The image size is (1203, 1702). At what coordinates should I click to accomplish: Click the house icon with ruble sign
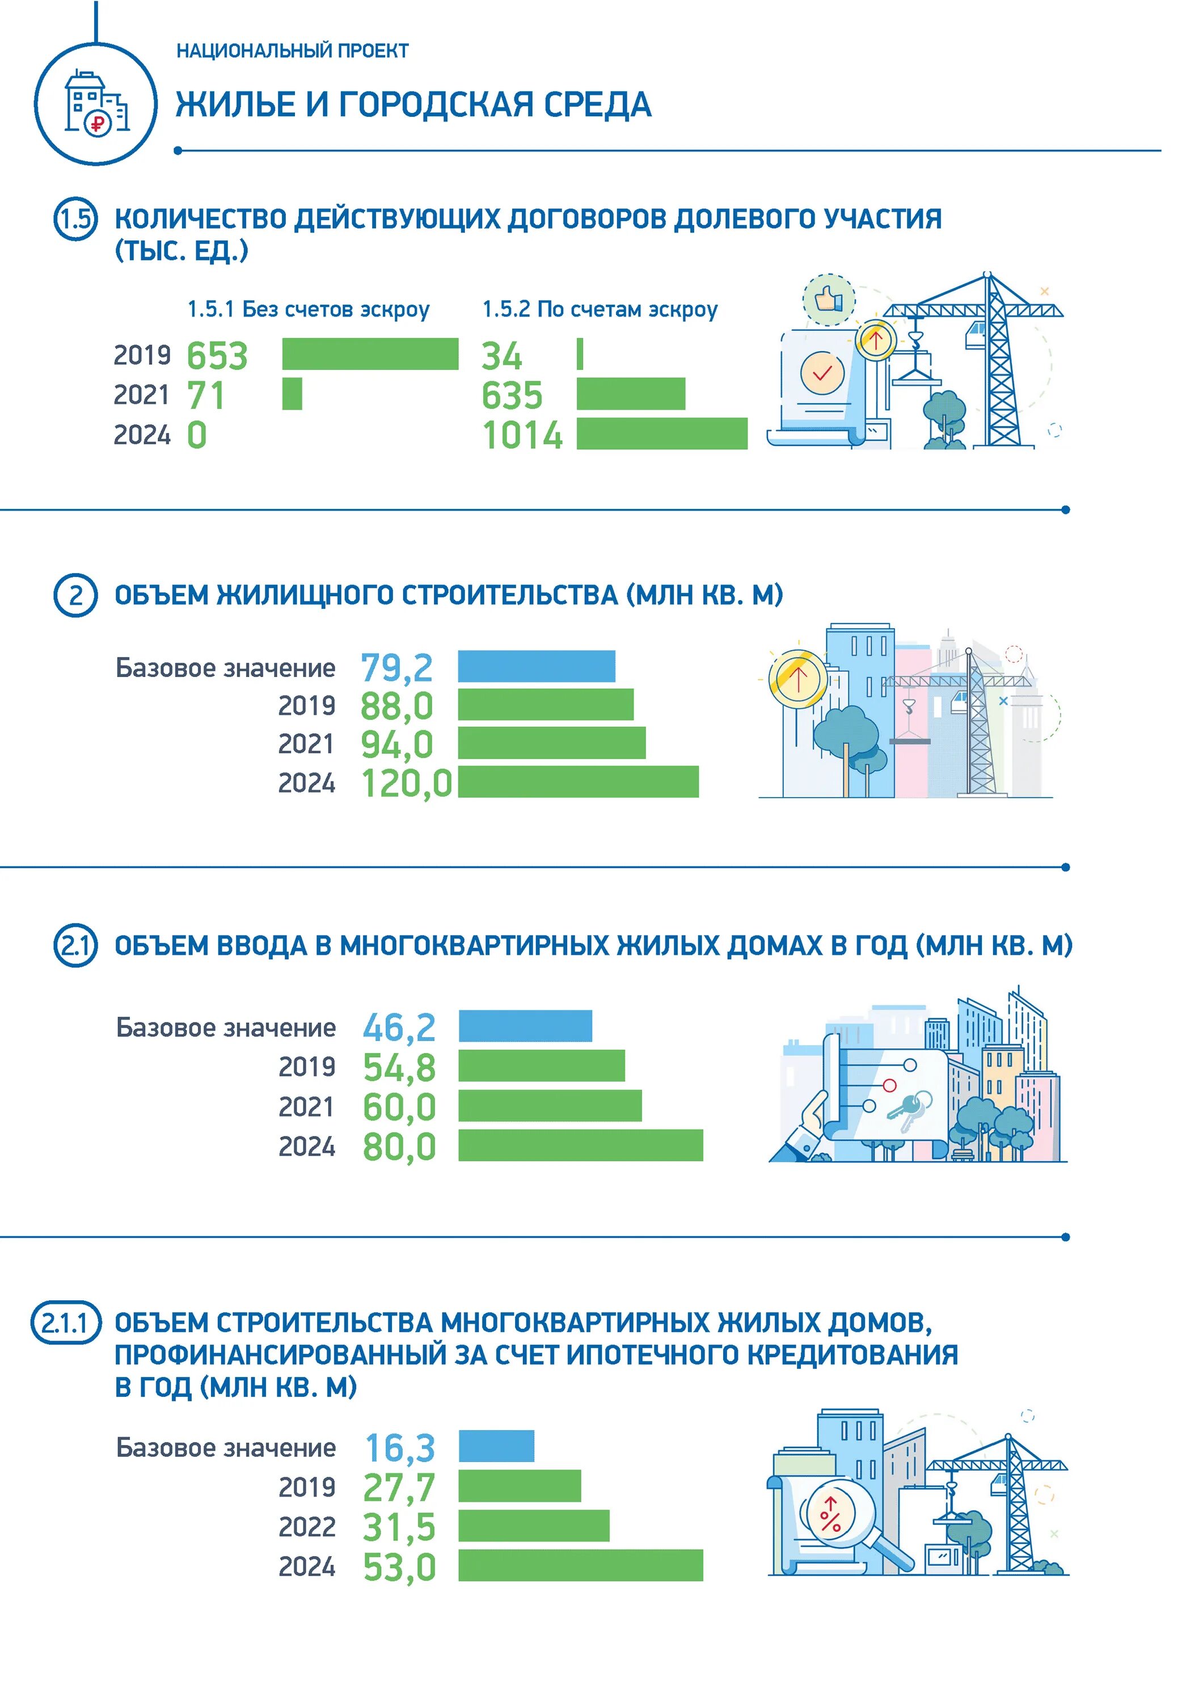[96, 103]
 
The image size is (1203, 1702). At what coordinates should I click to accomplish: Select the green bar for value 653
[370, 353]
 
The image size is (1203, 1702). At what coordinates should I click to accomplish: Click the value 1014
[522, 435]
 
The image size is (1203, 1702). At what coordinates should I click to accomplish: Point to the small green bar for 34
[580, 353]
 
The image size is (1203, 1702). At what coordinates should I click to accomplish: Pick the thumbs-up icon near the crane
[829, 300]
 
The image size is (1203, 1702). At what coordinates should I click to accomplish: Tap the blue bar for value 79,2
[536, 665]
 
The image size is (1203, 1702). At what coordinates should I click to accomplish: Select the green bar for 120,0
[578, 781]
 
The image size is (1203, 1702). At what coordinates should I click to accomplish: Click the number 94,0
[396, 744]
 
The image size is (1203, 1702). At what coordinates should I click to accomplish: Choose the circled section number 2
[75, 595]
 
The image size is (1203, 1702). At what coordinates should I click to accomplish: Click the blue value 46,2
[399, 1027]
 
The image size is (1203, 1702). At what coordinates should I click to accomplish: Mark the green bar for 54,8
[541, 1066]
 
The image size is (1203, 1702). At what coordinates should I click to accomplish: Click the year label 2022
[307, 1526]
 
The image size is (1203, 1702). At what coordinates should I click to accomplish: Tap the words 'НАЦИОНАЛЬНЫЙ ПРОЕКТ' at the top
[292, 51]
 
